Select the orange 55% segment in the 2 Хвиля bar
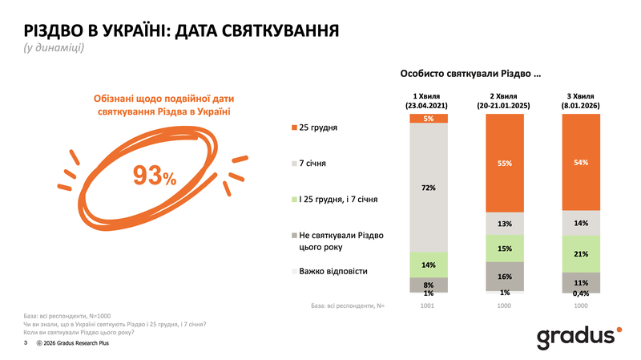pos(505,163)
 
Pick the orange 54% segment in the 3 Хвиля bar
pos(582,163)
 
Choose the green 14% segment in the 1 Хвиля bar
pos(429,264)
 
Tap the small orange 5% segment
pos(429,119)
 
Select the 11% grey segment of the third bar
pos(582,281)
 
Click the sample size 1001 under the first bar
pos(429,306)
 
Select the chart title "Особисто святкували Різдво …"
pos(470,74)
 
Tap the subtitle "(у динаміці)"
pos(54,48)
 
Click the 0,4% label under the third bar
pos(582,293)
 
